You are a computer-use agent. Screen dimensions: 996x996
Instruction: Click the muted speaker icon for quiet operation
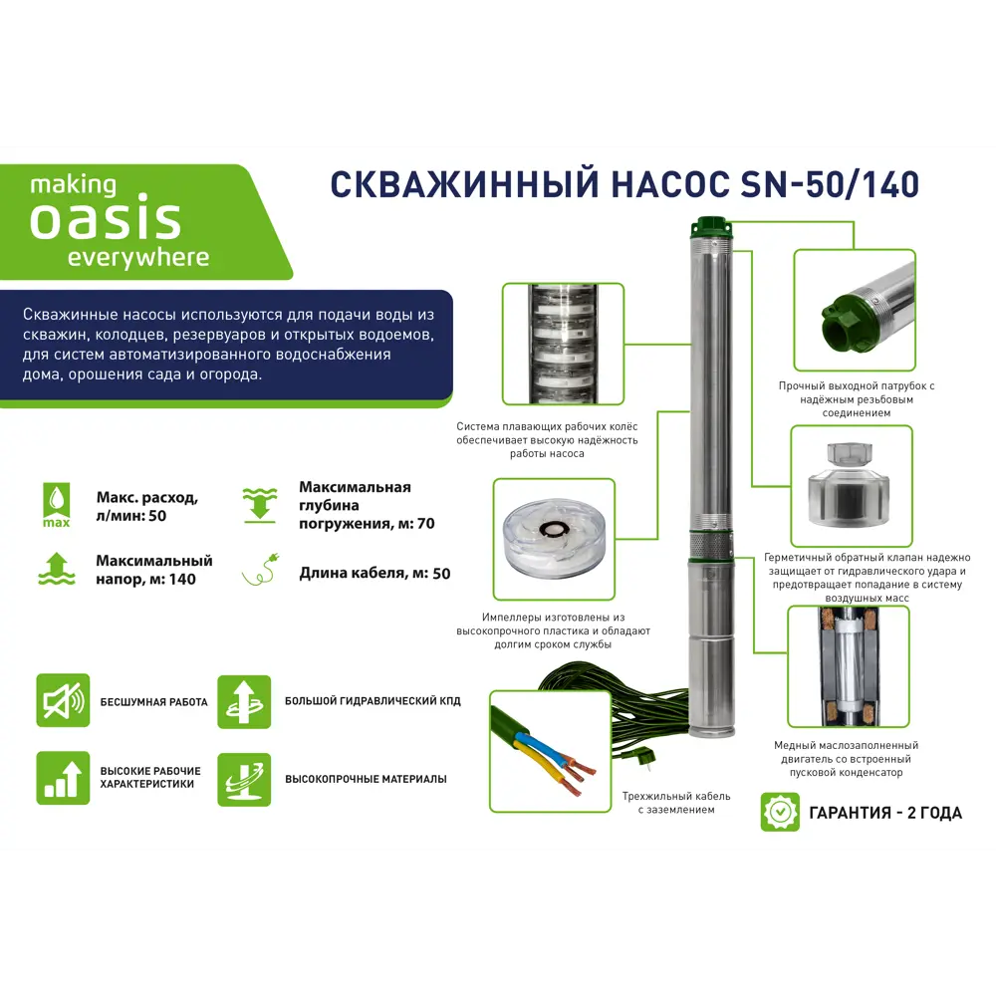(x=63, y=699)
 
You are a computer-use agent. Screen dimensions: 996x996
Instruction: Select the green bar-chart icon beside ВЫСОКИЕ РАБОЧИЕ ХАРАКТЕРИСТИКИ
(x=63, y=778)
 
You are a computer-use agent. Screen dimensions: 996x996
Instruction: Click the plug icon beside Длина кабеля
(x=261, y=572)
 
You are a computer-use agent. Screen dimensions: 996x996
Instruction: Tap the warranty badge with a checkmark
(x=780, y=812)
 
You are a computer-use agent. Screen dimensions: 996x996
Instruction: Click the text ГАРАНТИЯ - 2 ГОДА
(x=885, y=813)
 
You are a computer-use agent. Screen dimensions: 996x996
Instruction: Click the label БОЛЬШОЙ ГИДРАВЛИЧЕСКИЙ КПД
(x=373, y=701)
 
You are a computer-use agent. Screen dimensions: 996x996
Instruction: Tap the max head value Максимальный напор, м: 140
(x=153, y=570)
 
